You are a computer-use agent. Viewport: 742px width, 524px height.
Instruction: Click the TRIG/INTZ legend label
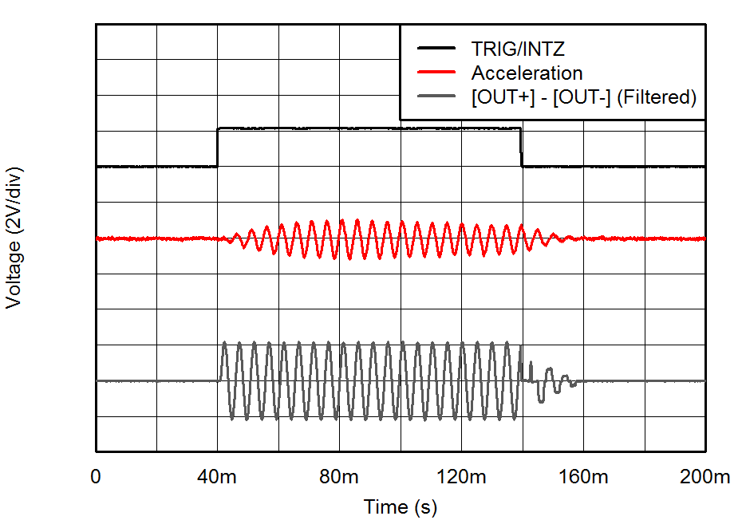tap(518, 49)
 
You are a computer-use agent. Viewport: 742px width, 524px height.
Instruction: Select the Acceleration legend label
tap(527, 73)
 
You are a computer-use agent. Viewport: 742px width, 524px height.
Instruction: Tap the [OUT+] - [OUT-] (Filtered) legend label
tap(584, 97)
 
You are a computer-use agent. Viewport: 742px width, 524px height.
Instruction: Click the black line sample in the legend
tap(436, 49)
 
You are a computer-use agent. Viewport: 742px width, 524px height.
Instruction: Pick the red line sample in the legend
tap(436, 73)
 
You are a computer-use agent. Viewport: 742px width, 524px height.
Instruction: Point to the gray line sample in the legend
tap(436, 97)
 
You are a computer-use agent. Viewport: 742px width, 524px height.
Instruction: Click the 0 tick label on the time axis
tap(97, 478)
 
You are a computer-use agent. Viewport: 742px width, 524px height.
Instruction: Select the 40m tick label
tap(218, 478)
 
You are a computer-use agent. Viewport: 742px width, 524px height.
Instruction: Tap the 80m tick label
tap(340, 478)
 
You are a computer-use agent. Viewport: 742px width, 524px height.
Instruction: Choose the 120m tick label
tap(462, 478)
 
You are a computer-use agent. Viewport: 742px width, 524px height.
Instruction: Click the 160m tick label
tap(584, 478)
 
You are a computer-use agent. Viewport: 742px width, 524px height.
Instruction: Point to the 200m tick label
tap(705, 478)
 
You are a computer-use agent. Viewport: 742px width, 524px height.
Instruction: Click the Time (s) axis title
tap(401, 507)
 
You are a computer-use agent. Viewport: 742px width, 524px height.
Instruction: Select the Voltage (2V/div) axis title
tap(14, 238)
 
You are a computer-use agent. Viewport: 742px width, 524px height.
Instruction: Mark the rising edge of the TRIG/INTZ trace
tap(218, 148)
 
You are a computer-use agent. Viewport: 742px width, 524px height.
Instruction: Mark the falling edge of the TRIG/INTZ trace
tap(522, 148)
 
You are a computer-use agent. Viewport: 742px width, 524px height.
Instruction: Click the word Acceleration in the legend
tap(527, 73)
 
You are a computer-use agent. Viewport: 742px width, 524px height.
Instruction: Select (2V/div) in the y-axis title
tap(14, 204)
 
